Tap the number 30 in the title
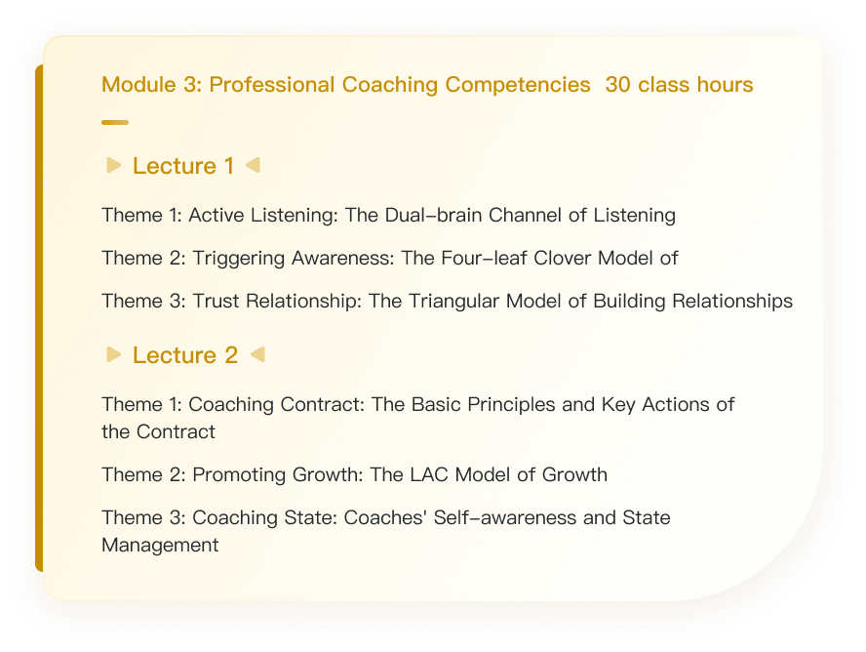(617, 85)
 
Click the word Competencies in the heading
(518, 85)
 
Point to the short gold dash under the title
(115, 123)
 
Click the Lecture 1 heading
(183, 166)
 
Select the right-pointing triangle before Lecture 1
(113, 165)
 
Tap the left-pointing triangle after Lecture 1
(253, 165)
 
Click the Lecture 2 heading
(185, 354)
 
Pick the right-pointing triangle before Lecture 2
(113, 354)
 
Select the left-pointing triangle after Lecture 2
(257, 354)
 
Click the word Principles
(511, 404)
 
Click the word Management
(160, 546)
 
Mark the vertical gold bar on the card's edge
(39, 318)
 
